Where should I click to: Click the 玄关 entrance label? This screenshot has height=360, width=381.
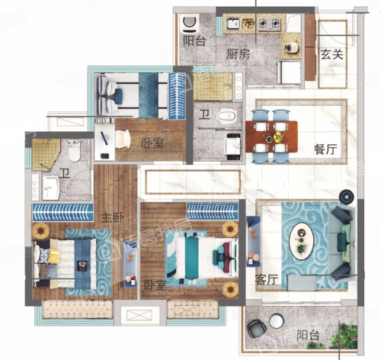pyautogui.click(x=331, y=54)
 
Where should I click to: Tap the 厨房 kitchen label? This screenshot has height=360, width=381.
pyautogui.click(x=239, y=54)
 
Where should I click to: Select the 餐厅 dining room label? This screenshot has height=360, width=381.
pyautogui.click(x=325, y=149)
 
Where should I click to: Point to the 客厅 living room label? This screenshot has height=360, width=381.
pyautogui.click(x=266, y=280)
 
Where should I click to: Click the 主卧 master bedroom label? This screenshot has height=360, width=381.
pyautogui.click(x=113, y=217)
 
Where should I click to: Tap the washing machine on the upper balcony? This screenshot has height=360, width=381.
pyautogui.click(x=190, y=24)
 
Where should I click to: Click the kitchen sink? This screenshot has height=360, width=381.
pyautogui.click(x=233, y=24)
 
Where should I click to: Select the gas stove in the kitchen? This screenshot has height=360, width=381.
pyautogui.click(x=270, y=24)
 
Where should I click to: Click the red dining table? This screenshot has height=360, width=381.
pyautogui.click(x=271, y=137)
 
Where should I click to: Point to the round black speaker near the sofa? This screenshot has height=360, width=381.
pyautogui.click(x=346, y=197)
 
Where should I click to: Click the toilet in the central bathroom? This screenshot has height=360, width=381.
pyautogui.click(x=226, y=116)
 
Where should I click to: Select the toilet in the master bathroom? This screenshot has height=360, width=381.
pyautogui.click(x=74, y=150)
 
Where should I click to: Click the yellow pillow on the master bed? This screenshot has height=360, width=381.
pyautogui.click(x=54, y=256)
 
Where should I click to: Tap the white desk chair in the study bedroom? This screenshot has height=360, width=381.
pyautogui.click(x=123, y=139)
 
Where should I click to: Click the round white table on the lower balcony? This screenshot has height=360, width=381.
pyautogui.click(x=277, y=321)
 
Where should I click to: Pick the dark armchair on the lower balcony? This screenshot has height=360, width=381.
pyautogui.click(x=257, y=329)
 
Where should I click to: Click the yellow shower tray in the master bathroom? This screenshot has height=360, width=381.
pyautogui.click(x=45, y=155)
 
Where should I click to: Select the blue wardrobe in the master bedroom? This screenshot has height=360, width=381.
pyautogui.click(x=62, y=212)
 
